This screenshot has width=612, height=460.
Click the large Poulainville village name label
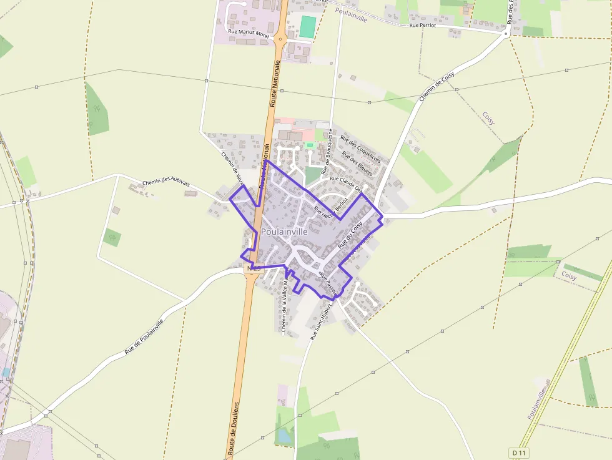coord(284,231)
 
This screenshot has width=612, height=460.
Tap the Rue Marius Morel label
coord(249,33)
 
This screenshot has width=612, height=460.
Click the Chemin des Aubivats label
coord(165,183)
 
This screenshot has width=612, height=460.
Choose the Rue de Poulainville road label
coord(144,337)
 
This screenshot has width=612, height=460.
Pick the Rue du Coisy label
coord(350,237)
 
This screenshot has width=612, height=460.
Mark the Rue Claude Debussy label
coord(346,183)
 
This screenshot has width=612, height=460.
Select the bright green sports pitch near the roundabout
coord(308,27)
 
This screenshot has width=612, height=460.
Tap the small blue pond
coord(285,435)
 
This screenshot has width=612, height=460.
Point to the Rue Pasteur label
coord(328,282)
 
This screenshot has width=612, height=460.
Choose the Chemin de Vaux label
coord(230,165)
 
